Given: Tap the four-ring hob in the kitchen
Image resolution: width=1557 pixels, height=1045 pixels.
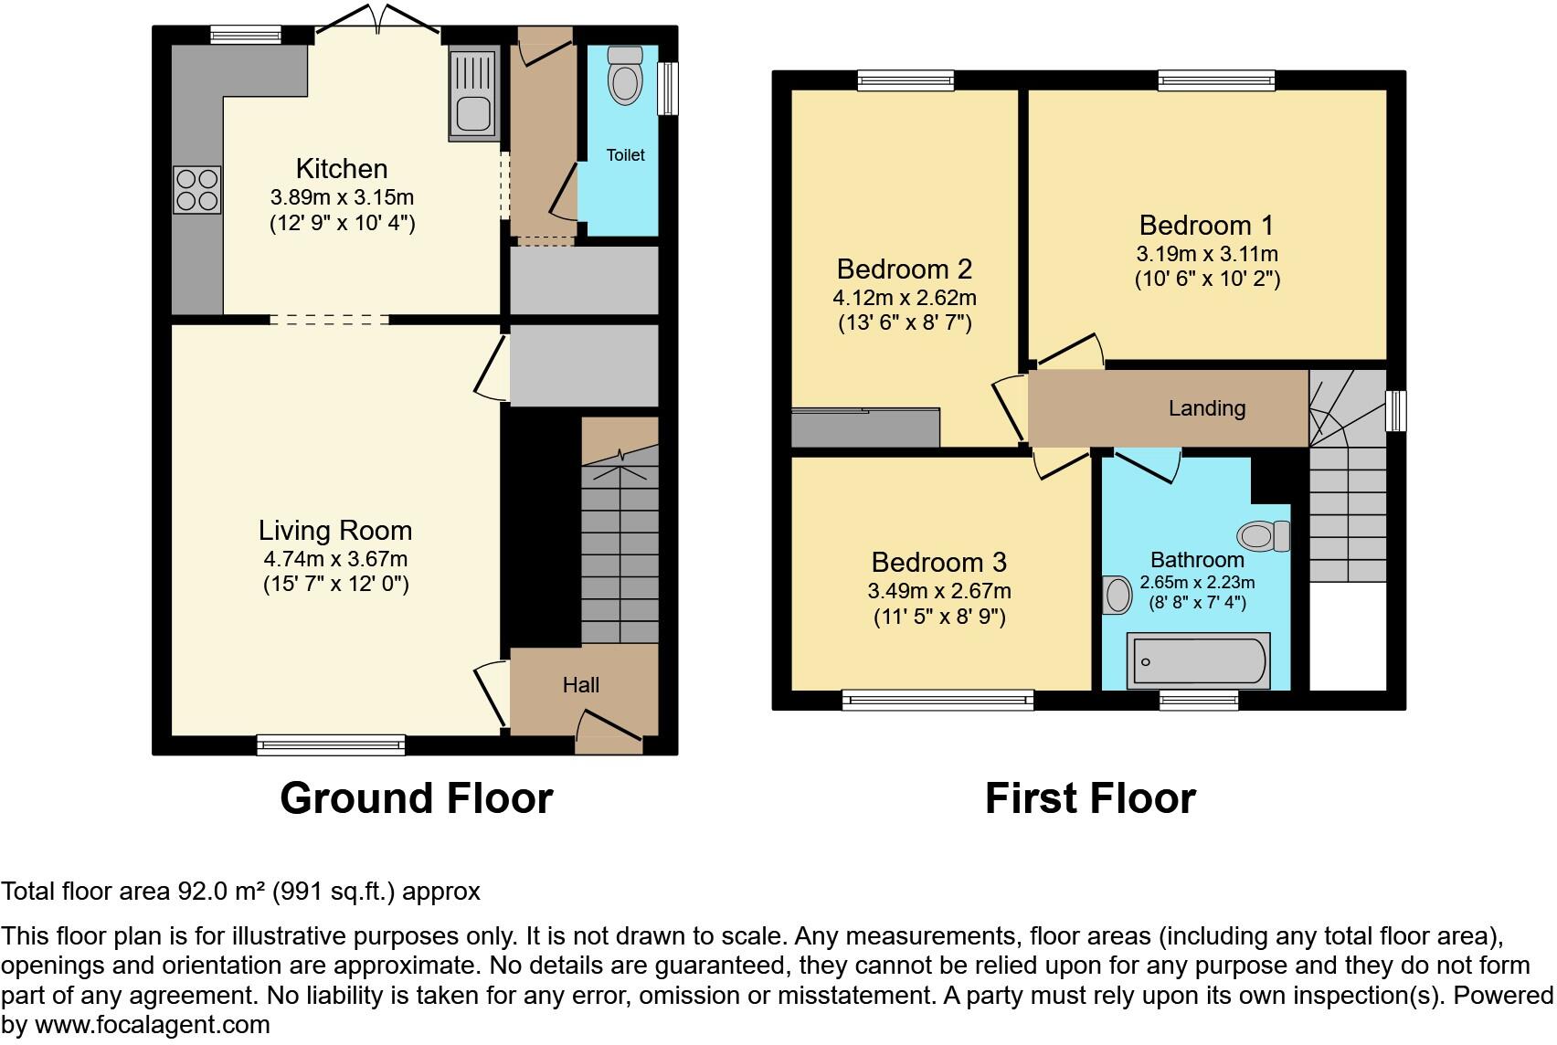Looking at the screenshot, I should click(x=196, y=190).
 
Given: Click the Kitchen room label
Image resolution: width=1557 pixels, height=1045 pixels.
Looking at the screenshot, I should click(x=342, y=169).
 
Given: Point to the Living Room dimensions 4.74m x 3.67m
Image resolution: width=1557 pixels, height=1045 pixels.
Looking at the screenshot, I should click(x=335, y=559).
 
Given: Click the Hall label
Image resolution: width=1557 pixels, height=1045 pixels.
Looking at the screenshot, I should click(x=581, y=685).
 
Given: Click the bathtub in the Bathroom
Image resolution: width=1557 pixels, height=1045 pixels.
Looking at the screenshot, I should click(x=1199, y=660).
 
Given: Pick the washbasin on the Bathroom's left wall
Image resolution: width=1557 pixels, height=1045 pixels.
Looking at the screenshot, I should click(x=1117, y=596).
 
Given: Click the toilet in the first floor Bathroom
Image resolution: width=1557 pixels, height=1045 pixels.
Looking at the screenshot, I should click(x=1263, y=536).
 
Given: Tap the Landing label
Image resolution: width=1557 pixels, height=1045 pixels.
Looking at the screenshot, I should click(x=1206, y=408).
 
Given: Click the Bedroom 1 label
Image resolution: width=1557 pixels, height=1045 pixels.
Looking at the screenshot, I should click(x=1206, y=226).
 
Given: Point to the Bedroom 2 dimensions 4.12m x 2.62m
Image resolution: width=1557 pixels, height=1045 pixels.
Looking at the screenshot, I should click(x=904, y=298).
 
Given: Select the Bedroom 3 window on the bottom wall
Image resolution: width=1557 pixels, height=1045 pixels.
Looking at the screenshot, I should click(x=938, y=701).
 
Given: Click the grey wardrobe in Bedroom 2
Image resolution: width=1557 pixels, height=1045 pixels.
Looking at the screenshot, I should click(x=864, y=427).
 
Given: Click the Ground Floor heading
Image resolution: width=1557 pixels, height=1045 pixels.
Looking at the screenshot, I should click(x=416, y=798).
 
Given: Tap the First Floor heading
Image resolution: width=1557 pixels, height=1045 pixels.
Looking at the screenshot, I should click(x=1089, y=798).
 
